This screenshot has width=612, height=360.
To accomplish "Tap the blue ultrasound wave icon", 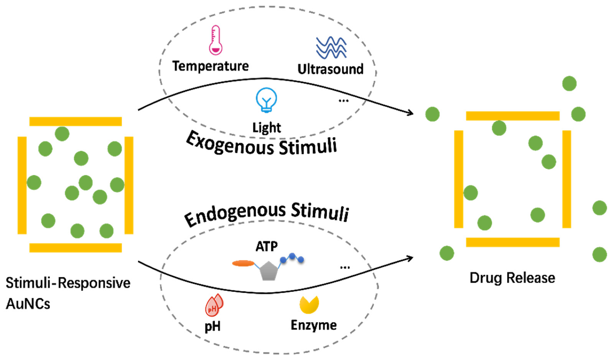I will pyautogui.click(x=331, y=48).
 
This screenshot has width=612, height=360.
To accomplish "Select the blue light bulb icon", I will pyautogui.click(x=266, y=100).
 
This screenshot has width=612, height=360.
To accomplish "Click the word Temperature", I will pyautogui.click(x=211, y=66).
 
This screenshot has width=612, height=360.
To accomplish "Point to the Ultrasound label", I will pyautogui.click(x=330, y=69).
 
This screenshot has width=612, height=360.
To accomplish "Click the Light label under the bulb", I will pyautogui.click(x=267, y=128).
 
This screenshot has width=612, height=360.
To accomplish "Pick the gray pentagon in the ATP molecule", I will pyautogui.click(x=269, y=271).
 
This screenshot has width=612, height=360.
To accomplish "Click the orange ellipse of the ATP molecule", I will pyautogui.click(x=243, y=263).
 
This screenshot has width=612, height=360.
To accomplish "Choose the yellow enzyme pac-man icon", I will pyautogui.click(x=309, y=304).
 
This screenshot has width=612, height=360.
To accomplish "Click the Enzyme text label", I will pyautogui.click(x=314, y=325).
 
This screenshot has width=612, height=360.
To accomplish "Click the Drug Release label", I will pyautogui.click(x=512, y=278).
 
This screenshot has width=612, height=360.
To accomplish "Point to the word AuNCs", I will pyautogui.click(x=28, y=304).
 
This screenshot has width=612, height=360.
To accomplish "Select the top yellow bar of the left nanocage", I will pyautogui.click(x=75, y=121).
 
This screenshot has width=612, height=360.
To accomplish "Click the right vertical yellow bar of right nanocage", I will pyautogui.click(x=566, y=179).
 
